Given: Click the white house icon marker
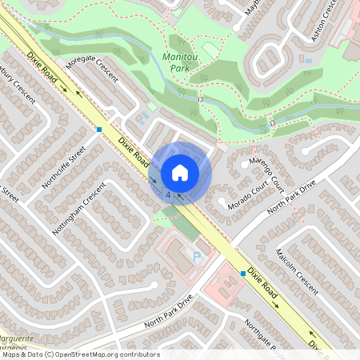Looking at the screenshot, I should (180, 172).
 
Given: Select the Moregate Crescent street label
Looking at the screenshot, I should (92, 68).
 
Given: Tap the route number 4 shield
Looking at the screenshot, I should (168, 194).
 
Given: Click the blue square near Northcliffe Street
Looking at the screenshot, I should (99, 129).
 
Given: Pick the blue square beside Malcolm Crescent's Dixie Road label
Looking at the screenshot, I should (242, 274).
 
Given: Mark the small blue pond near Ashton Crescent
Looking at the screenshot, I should (308, 59).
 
